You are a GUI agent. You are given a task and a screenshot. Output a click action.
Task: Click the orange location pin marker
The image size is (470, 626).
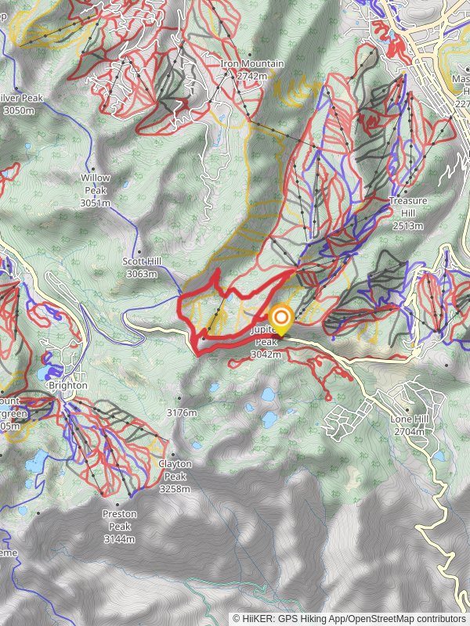pyautogui.click(x=280, y=319)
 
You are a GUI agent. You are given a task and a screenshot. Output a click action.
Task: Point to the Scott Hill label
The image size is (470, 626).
pyautogui.click(x=141, y=261)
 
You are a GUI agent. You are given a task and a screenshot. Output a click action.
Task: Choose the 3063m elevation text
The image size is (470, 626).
pyautogui.click(x=141, y=274)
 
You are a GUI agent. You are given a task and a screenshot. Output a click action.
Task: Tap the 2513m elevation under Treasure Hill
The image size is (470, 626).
pyautogui.click(x=408, y=225)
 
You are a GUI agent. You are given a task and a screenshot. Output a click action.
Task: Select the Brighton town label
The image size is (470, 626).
pyautogui.click(x=68, y=386)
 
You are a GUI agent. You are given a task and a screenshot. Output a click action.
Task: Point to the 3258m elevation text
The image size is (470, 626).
pyautogui.click(x=175, y=488)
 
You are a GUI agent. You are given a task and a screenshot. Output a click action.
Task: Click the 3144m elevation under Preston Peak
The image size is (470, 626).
pyautogui.click(x=119, y=538)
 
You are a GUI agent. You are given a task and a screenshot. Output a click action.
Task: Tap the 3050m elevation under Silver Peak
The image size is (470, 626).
pyautogui.click(x=19, y=110)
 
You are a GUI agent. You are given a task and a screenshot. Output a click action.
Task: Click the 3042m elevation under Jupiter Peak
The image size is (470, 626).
pyautogui.click(x=266, y=354)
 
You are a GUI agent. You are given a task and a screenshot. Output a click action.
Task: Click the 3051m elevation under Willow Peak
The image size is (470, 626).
pyautogui.click(x=96, y=203)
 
